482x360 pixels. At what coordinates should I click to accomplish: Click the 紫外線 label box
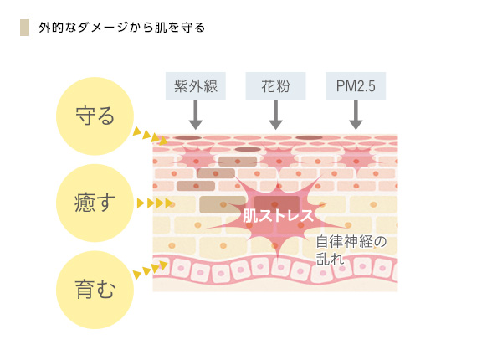click(196, 86)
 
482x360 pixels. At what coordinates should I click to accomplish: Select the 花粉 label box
click(276, 86)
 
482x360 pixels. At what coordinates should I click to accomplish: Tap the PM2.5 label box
click(356, 86)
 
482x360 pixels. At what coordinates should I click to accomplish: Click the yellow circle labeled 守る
click(95, 116)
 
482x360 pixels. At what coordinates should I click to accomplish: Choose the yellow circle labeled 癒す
click(95, 203)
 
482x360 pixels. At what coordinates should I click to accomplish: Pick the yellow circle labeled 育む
click(95, 290)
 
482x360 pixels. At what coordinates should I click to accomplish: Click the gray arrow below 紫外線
click(196, 115)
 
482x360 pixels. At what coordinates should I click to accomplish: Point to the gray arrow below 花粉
click(276, 115)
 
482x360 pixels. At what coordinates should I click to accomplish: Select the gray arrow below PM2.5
click(356, 115)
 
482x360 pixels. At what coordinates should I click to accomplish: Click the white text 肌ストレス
click(278, 215)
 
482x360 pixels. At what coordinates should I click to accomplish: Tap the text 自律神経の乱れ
click(351, 250)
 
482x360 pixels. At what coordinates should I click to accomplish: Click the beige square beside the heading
click(24, 28)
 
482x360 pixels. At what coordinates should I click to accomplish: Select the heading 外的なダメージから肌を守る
click(121, 28)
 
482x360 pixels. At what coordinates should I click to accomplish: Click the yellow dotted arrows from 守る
click(151, 136)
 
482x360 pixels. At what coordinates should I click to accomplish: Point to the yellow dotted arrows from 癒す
click(155, 203)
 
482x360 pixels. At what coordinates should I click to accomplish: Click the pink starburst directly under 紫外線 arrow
click(196, 160)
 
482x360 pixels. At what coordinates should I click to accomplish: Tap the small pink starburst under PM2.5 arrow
click(356, 160)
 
